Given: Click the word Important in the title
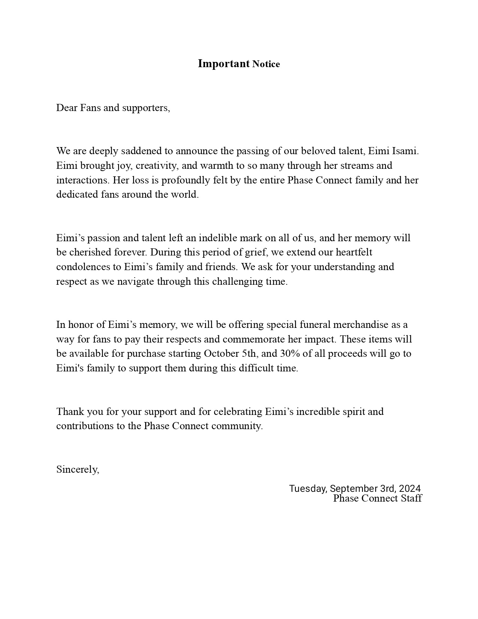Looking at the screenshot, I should [223, 64].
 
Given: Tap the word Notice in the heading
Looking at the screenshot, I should [266, 65].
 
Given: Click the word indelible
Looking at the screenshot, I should [217, 238].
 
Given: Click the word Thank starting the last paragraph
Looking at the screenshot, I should [70, 412].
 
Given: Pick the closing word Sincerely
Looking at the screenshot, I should [78, 470].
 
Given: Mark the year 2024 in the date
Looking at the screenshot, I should [409, 489].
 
